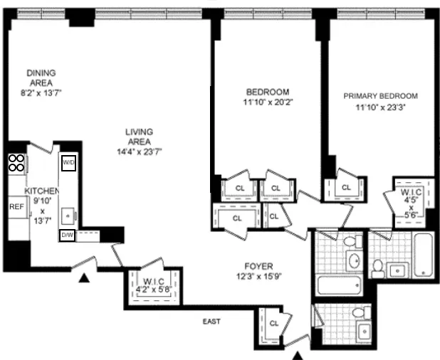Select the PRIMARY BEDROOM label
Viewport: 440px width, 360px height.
point(380,96)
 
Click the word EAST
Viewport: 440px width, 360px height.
point(211,322)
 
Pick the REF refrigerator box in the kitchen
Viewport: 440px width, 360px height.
point(16,206)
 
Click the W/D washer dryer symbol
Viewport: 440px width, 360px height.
point(69,162)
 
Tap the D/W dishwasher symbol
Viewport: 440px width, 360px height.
point(68,235)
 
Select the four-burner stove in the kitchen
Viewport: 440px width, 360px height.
point(16,164)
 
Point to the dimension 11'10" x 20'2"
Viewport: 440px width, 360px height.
point(267,102)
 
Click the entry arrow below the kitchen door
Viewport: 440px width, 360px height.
point(84,279)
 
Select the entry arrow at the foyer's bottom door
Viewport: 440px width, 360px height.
point(299,354)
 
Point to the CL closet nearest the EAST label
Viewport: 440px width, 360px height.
point(274,323)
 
